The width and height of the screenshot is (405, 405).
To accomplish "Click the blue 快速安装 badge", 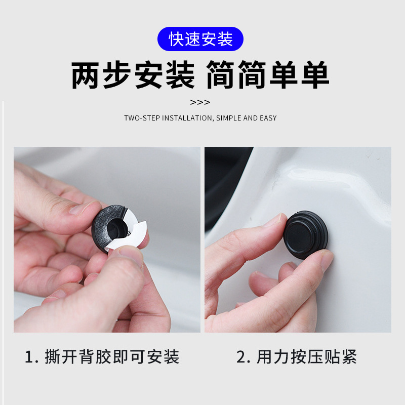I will [x=200, y=39].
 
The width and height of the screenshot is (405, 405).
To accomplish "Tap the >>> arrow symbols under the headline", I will [x=200, y=102].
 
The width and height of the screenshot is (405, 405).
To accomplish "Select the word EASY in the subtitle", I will [x=268, y=118].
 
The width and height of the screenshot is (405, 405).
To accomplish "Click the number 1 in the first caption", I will [x=29, y=357].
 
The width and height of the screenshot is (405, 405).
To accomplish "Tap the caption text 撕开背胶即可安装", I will [x=112, y=357].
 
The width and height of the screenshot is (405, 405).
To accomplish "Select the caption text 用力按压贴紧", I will [x=307, y=357].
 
